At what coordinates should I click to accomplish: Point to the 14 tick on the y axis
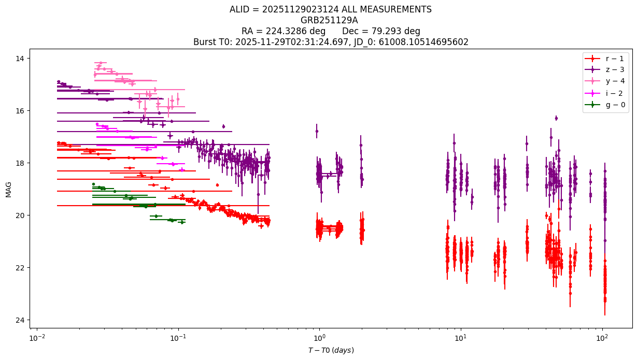point(20,59)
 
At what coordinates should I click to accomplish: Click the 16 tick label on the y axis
point(20,111)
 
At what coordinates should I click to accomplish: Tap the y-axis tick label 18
point(20,163)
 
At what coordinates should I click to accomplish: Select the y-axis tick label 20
point(20,215)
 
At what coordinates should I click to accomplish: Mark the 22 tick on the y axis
point(20,268)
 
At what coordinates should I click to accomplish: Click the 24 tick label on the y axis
point(20,320)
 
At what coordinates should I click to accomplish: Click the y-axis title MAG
point(8,190)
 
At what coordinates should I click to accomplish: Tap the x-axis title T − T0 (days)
point(331,350)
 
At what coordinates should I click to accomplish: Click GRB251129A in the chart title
point(329,20)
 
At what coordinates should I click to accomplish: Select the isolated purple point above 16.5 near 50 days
point(556,118)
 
